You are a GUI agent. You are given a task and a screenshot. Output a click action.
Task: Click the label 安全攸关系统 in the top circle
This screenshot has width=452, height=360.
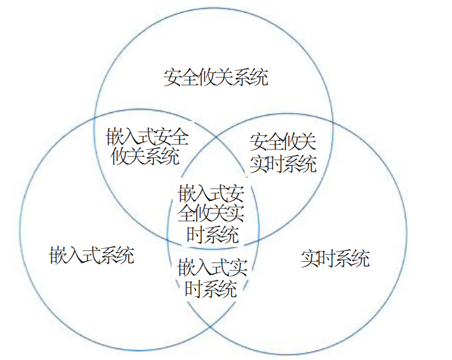216,78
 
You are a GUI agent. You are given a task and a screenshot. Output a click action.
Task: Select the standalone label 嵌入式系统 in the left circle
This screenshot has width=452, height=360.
92,257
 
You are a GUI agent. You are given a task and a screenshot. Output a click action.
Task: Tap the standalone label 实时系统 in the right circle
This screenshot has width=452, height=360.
335,259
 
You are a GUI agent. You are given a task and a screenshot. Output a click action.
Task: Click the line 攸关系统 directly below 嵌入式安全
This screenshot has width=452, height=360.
145,156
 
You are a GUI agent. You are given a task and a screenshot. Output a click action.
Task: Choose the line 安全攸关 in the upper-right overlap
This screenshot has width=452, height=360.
283,142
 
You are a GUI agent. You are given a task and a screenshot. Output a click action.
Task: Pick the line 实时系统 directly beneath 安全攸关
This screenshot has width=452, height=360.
283,164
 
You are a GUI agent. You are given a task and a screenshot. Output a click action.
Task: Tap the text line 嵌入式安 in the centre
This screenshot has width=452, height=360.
211,192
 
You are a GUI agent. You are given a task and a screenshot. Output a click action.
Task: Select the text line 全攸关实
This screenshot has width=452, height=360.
211,213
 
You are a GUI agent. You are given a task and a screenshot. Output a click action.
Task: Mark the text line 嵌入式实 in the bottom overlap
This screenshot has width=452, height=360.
211,266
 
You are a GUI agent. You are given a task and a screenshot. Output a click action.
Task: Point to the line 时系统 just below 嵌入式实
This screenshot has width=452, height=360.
211,289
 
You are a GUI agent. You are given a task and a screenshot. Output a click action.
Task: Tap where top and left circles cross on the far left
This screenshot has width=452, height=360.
95,117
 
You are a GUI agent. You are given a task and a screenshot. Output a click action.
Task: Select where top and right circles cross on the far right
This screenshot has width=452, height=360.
333,121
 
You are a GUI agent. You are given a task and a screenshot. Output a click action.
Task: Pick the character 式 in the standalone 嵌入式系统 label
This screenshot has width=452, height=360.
92,257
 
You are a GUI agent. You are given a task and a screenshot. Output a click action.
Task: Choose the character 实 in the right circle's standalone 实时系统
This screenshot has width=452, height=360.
310,259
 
